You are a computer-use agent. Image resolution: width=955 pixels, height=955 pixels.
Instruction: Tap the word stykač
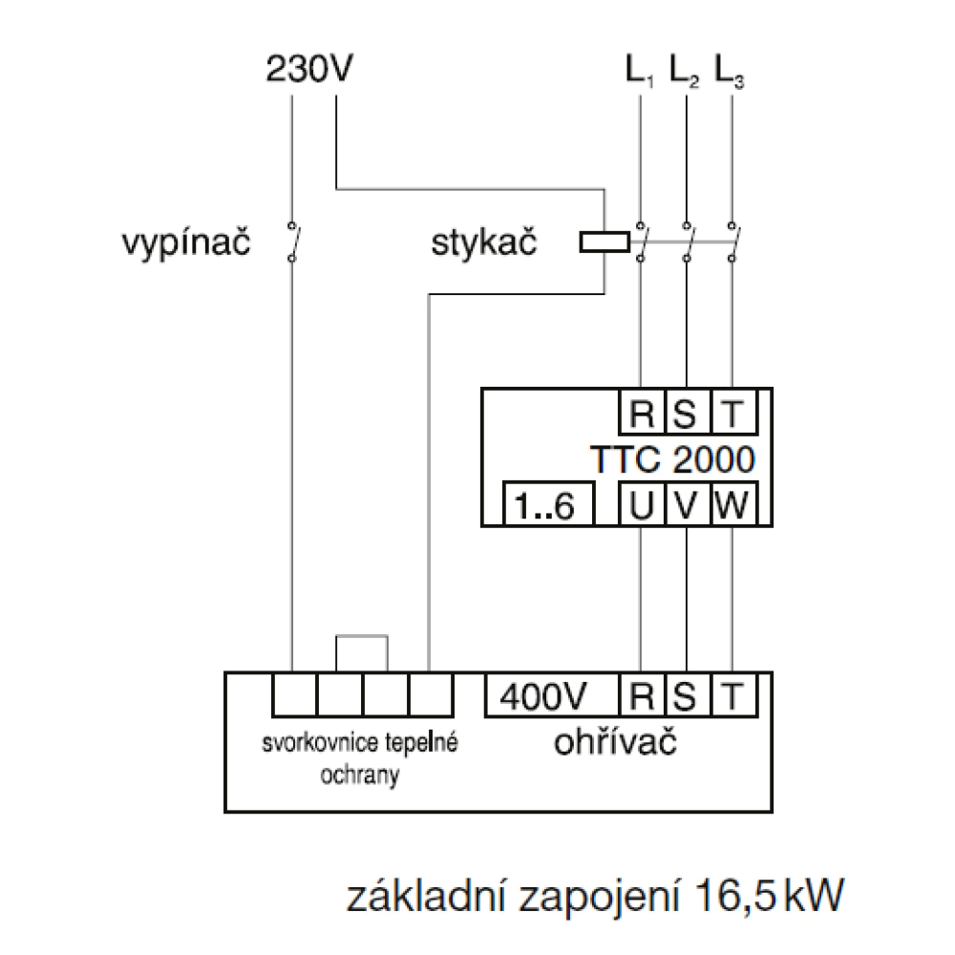point(484,244)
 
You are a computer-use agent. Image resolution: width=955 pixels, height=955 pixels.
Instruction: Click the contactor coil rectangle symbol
point(605,243)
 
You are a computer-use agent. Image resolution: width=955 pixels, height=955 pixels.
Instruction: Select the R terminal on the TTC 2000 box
point(639,414)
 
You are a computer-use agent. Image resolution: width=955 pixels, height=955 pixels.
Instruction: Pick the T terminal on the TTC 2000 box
point(732,414)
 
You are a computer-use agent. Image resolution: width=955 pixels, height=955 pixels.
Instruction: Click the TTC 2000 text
point(673,459)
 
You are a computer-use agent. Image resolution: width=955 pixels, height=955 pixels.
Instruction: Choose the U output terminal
point(639,505)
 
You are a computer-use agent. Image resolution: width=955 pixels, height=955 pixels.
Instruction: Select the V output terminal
point(685,505)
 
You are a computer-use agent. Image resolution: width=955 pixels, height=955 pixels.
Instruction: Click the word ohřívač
point(616,743)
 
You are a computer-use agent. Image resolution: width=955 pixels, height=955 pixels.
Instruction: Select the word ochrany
point(360,775)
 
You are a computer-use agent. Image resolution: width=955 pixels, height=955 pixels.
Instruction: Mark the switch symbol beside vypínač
point(291,242)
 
